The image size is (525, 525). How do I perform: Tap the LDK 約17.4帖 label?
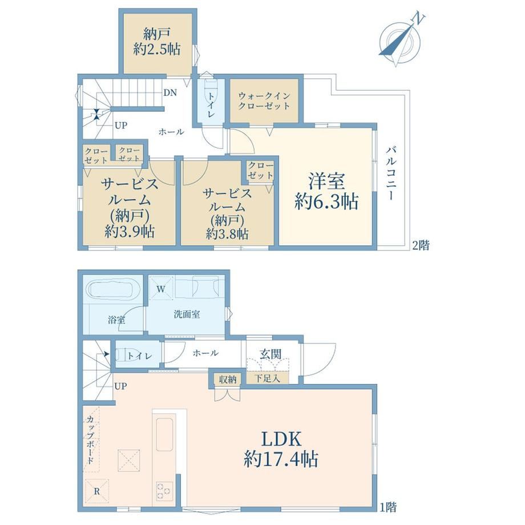[281, 449]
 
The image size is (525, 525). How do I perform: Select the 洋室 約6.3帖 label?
[326, 192]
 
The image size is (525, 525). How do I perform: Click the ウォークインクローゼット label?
[264, 101]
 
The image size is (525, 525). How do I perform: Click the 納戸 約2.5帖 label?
[157, 42]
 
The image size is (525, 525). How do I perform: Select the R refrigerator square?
[97, 491]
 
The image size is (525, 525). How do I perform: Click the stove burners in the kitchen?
[164, 491]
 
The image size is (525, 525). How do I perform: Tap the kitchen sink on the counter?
[164, 435]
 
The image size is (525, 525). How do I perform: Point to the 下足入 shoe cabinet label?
[267, 379]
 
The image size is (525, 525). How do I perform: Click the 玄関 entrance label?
[270, 354]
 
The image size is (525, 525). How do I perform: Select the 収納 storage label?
[228, 379]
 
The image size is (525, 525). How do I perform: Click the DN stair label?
[170, 92]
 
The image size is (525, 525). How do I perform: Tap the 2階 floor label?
[421, 245]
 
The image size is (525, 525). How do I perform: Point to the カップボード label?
[90, 439]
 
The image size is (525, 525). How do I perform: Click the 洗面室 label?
[187, 314]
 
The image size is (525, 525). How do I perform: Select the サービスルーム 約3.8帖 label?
[227, 213]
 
